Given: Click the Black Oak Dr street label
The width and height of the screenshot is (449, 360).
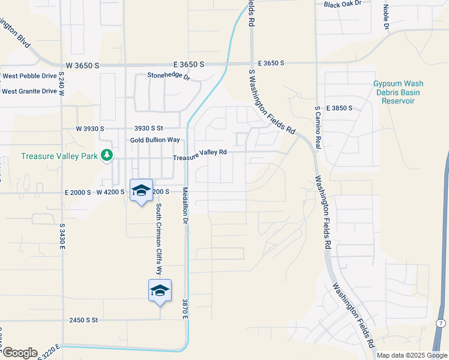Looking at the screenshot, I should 343,4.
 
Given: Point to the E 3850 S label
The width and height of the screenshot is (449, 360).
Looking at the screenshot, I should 339,108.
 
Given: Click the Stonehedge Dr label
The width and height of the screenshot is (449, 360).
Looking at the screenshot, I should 169,76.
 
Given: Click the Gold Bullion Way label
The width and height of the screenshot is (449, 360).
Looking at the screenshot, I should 155,140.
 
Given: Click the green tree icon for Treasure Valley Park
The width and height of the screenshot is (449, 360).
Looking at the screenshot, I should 107,156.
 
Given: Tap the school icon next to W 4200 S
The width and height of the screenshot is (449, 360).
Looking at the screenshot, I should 141,191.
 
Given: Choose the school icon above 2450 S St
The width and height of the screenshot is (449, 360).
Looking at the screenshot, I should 160,291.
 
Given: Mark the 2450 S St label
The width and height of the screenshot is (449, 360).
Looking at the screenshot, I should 83,320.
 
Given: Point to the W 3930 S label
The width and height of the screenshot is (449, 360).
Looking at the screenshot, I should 90,128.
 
